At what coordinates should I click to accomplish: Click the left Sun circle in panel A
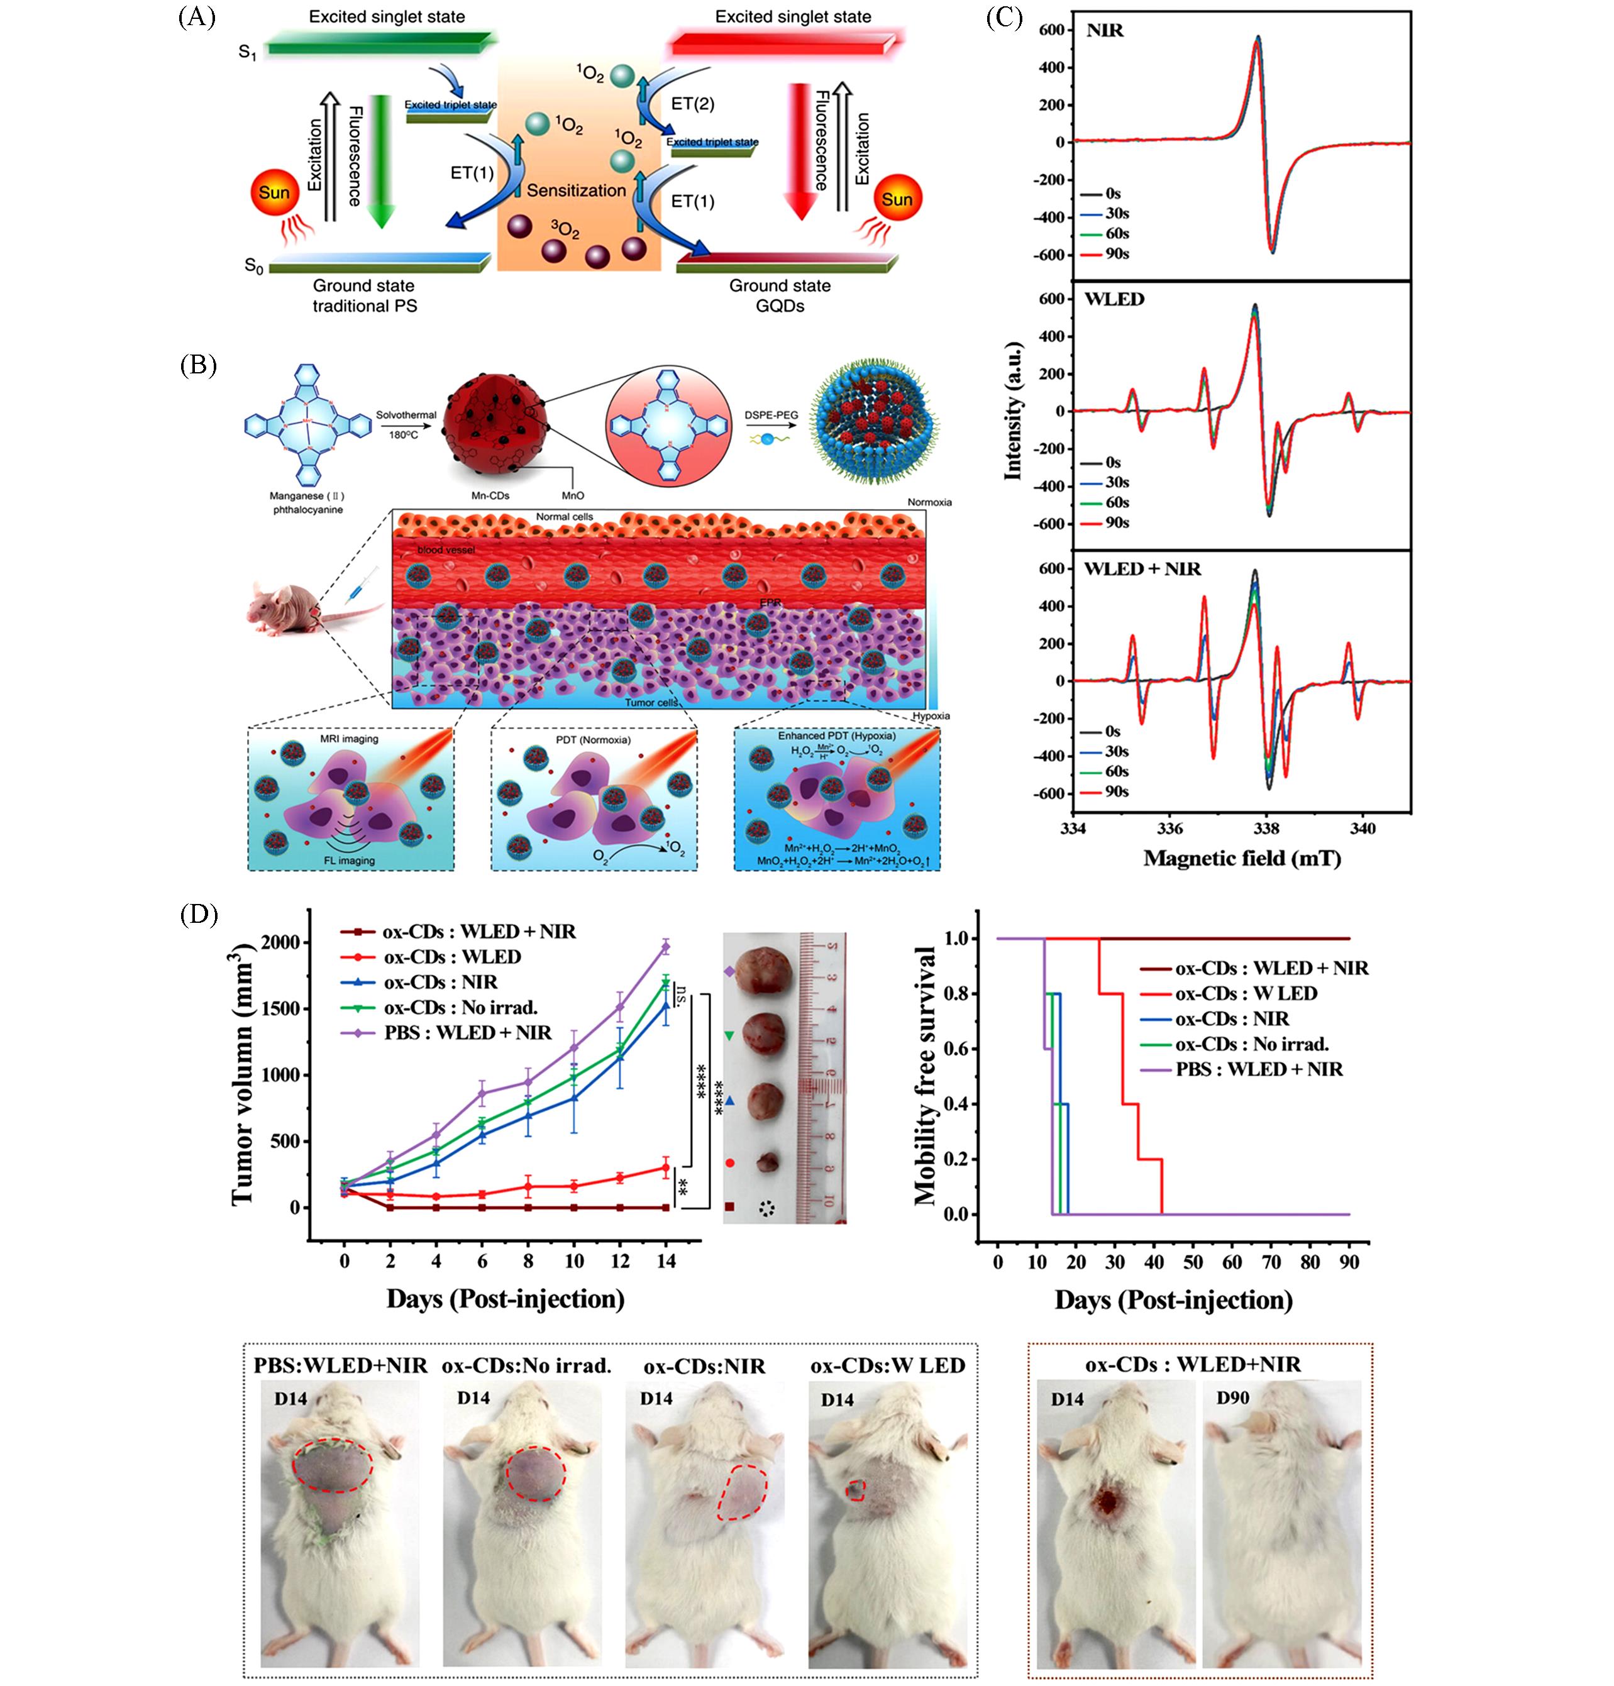coord(274,193)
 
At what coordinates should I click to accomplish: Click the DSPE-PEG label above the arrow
coord(771,415)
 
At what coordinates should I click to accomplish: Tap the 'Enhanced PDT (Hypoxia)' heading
coord(836,736)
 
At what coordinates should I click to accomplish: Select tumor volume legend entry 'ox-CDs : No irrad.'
coord(460,1007)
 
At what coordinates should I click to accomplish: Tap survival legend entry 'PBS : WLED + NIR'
coord(1259,1069)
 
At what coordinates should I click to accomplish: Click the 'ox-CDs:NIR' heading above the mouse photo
coord(704,1366)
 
